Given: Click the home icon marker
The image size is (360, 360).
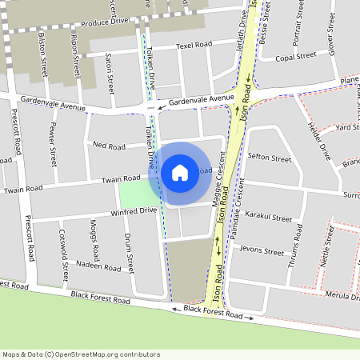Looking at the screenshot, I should [x=180, y=172].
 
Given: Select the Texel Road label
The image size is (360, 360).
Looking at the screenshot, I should [x=194, y=46].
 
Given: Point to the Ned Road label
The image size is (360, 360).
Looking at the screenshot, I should [x=110, y=146].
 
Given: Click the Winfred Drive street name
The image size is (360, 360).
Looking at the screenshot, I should [x=134, y=211].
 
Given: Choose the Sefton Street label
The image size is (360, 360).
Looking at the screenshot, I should [x=270, y=158].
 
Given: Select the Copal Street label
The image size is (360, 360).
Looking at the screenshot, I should [x=296, y=58].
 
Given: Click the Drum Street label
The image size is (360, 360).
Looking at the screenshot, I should [x=127, y=248].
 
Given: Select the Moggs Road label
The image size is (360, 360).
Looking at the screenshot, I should [x=94, y=234].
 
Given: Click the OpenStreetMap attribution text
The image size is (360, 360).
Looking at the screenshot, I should [x=81, y=354].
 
